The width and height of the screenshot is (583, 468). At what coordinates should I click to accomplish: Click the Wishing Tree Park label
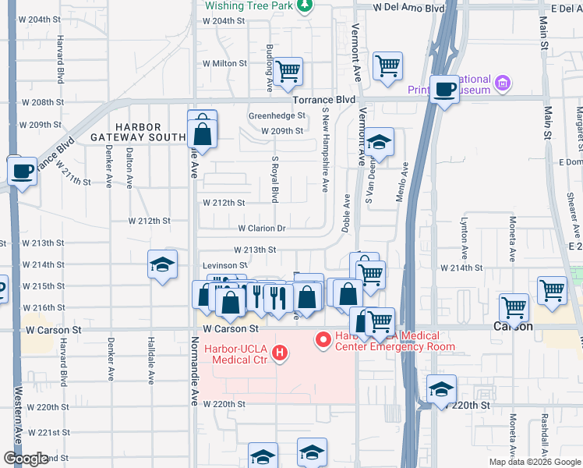pos(249,5)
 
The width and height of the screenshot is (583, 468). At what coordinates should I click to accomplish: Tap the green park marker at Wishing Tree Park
pos(305,5)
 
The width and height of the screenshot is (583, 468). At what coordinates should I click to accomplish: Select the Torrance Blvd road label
pos(323,101)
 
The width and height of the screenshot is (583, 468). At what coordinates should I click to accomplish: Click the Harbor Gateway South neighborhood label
pos(138,133)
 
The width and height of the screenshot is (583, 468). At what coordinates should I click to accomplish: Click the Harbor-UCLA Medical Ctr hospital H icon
pos(280,355)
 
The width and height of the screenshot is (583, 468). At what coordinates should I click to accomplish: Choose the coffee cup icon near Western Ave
pos(22,169)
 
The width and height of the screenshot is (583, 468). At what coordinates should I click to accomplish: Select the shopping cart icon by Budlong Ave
pos(288,71)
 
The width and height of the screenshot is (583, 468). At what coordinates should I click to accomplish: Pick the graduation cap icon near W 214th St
pos(162,264)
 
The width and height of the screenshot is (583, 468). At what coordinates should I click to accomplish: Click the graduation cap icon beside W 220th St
pos(441,389)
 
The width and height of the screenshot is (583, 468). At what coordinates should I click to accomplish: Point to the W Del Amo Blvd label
pos(408,7)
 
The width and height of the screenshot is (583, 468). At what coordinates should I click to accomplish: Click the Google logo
pos(26,459)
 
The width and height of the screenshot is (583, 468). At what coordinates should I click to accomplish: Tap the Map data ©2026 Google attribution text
pos(535,462)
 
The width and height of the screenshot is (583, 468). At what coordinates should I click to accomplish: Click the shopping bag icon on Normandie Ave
pos(202,133)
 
